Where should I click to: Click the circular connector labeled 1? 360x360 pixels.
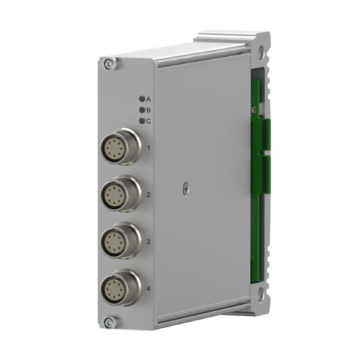121,146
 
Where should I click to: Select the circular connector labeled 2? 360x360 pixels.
121,194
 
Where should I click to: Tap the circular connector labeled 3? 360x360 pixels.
121,241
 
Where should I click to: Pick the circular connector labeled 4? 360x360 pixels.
121,287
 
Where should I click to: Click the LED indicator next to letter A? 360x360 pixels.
142,99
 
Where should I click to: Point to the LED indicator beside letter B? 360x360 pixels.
142,110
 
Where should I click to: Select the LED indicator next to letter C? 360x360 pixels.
142,121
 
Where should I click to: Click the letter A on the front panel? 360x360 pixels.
149,100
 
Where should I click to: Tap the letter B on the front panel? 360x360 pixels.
149,110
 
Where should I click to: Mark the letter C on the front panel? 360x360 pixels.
149,121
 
